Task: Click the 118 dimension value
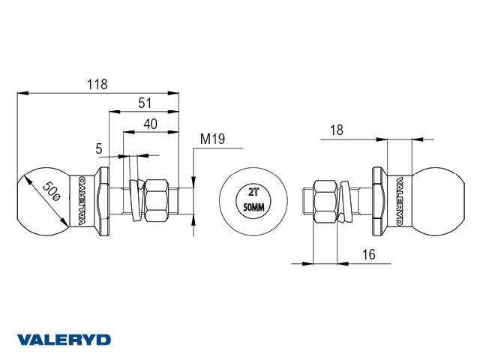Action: (x=97, y=84)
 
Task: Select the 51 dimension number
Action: (x=145, y=103)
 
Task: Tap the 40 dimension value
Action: (x=151, y=124)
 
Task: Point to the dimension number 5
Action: (x=98, y=148)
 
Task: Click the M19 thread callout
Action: (x=212, y=139)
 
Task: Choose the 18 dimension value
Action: (x=337, y=130)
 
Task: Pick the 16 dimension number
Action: (x=368, y=254)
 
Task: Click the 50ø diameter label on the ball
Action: (x=51, y=192)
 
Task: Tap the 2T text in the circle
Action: (x=253, y=192)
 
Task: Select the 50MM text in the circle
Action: (x=253, y=208)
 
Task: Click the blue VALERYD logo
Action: (x=64, y=340)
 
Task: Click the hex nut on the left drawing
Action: (x=157, y=201)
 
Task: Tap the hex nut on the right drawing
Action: (x=325, y=201)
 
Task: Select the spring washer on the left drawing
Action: (x=136, y=200)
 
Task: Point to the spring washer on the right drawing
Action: (x=344, y=201)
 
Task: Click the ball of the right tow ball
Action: (x=438, y=202)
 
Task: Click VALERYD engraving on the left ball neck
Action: (x=82, y=201)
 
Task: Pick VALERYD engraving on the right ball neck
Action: (x=400, y=201)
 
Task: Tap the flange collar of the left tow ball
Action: (x=103, y=201)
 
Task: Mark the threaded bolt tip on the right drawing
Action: (x=307, y=201)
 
